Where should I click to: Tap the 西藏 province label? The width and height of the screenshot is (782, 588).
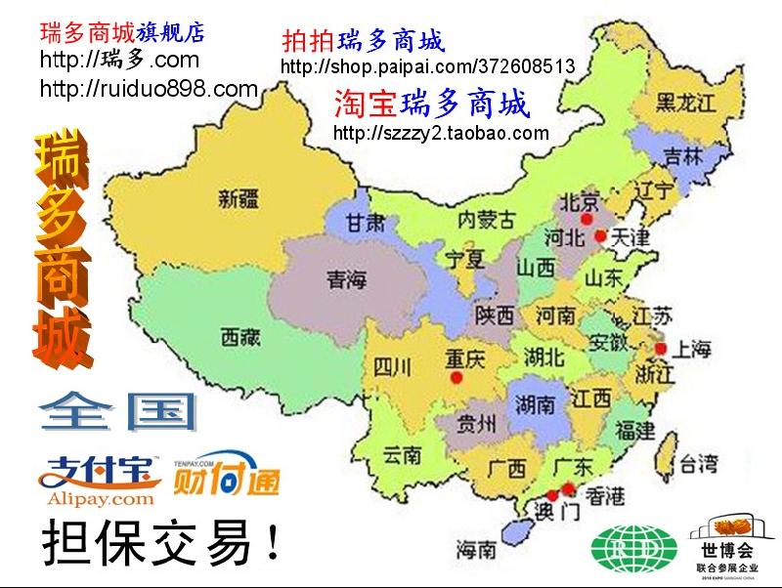click(240, 338)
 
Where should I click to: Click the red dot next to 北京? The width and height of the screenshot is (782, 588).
click(586, 219)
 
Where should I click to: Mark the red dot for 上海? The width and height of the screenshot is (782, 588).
click(661, 349)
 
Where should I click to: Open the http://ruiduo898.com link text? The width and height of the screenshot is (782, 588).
click(148, 90)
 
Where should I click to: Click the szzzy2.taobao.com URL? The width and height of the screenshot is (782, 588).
click(442, 133)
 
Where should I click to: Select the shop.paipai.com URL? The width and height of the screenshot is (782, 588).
click(427, 67)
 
